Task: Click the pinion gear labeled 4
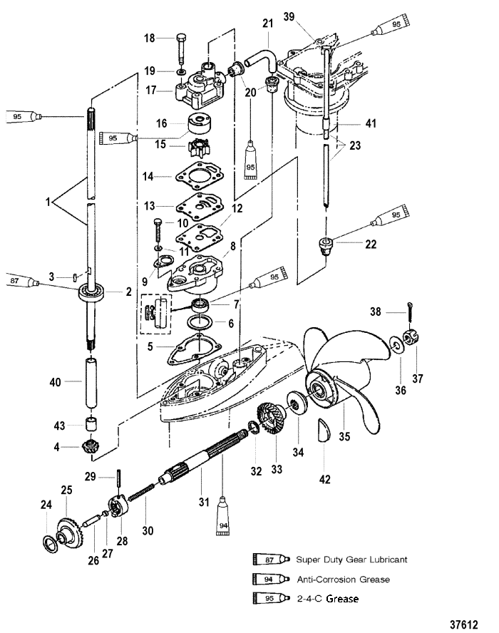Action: click(91, 450)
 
